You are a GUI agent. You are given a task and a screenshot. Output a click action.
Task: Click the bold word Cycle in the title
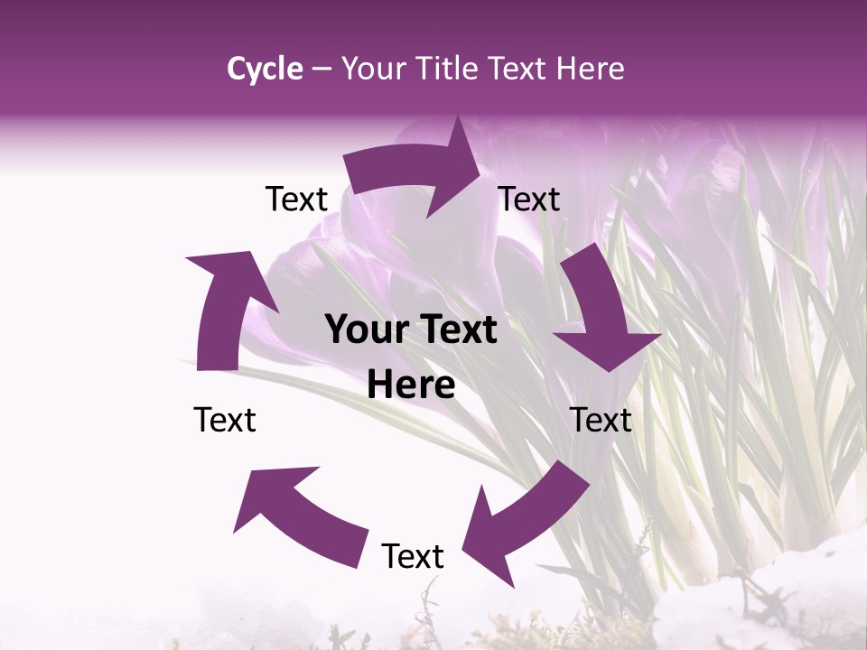[x=265, y=69]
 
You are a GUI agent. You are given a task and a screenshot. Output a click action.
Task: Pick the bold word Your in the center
[x=363, y=330]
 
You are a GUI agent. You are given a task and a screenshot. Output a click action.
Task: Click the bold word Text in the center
[x=454, y=330]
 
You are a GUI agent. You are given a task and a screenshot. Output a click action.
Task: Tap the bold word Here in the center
[x=411, y=385]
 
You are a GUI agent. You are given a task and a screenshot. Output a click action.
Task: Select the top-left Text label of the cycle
[x=296, y=200]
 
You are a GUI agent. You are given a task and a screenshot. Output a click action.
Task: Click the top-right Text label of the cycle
[x=529, y=200]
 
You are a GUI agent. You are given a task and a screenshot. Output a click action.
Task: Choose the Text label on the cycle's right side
[x=601, y=420]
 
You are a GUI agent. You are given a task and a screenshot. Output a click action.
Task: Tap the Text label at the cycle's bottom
[x=413, y=556]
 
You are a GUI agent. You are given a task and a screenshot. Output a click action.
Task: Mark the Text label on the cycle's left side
[x=225, y=420]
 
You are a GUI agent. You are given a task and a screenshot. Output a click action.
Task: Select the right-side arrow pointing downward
[x=601, y=311]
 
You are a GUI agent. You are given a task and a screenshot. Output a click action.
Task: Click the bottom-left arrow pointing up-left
[x=298, y=515]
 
